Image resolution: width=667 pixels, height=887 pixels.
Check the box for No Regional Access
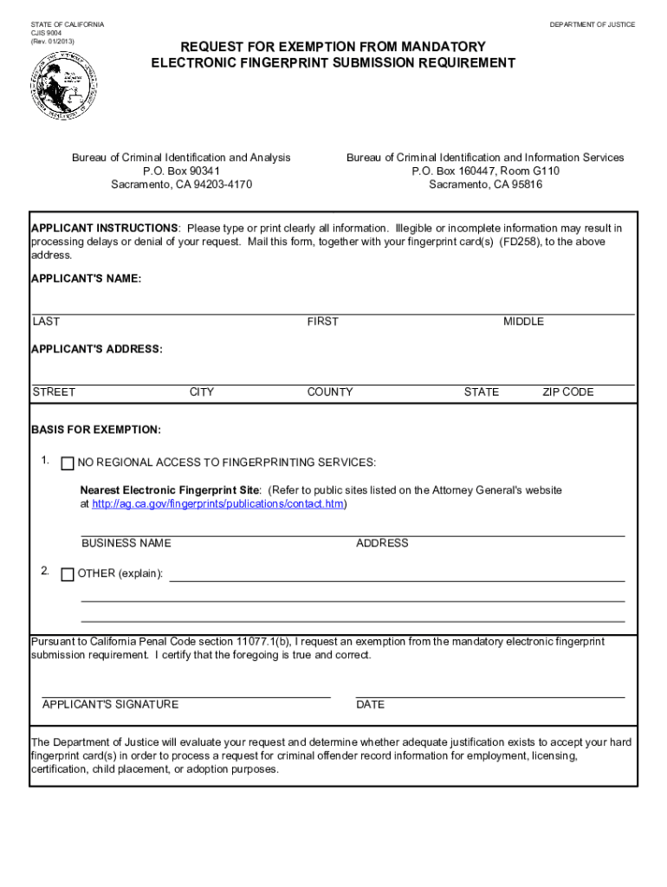point(68,463)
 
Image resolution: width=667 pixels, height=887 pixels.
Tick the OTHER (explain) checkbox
point(68,574)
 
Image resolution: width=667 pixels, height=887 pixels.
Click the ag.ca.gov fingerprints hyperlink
point(217,504)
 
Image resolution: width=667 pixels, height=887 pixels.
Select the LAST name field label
point(47,322)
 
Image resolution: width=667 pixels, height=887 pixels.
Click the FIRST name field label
point(322,322)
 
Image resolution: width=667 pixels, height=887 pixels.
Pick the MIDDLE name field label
point(523,322)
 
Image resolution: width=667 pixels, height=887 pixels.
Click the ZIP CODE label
point(567,392)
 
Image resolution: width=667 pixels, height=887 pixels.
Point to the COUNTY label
point(329,392)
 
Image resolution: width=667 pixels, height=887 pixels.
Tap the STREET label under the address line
point(54,392)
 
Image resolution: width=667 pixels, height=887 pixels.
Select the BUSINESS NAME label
point(126,544)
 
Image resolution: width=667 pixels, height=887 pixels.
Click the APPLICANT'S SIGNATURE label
point(110,705)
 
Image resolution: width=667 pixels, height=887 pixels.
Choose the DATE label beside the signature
point(370,705)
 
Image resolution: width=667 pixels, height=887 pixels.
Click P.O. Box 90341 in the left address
point(181,172)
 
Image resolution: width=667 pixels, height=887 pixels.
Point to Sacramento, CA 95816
point(485,185)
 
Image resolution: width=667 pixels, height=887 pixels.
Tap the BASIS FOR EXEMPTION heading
point(95,431)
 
